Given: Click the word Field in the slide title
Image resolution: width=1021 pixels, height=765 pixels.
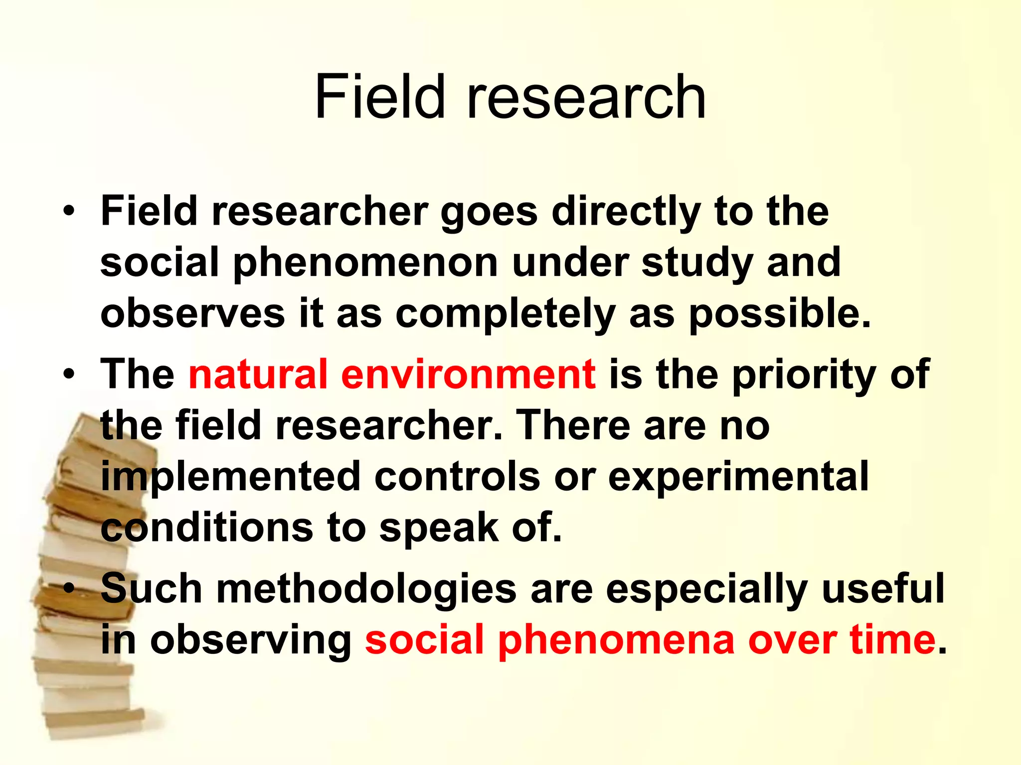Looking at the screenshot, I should (x=379, y=97).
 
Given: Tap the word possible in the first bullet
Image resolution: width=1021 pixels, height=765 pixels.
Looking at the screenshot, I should (x=779, y=315).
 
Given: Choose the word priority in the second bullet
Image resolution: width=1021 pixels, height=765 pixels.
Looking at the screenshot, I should (x=804, y=375).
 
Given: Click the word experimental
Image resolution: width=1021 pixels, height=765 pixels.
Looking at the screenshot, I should (x=738, y=476).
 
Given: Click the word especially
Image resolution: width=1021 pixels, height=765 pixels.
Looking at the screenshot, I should (x=707, y=589).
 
